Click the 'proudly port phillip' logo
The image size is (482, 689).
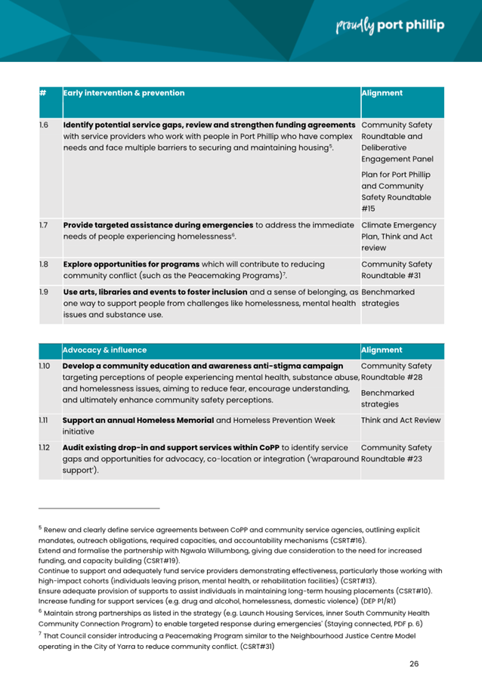pyautogui.click(x=389, y=26)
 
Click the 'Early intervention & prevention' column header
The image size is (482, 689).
pyautogui.click(x=124, y=94)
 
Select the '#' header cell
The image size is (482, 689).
pyautogui.click(x=43, y=94)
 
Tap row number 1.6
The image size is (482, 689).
pyautogui.click(x=44, y=124)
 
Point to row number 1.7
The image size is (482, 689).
pyautogui.click(x=44, y=225)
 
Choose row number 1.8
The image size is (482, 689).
pyautogui.click(x=44, y=264)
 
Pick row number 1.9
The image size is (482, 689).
pyautogui.click(x=44, y=291)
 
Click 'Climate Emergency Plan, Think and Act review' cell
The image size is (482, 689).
pyautogui.click(x=400, y=236)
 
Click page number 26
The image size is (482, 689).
pyautogui.click(x=414, y=663)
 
